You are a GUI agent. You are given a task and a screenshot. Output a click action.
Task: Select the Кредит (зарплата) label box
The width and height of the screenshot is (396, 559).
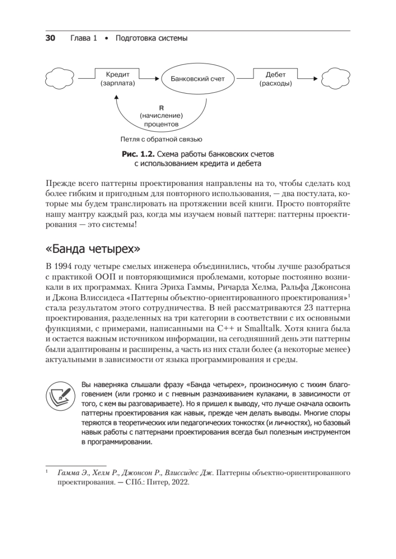[x=118, y=79]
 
